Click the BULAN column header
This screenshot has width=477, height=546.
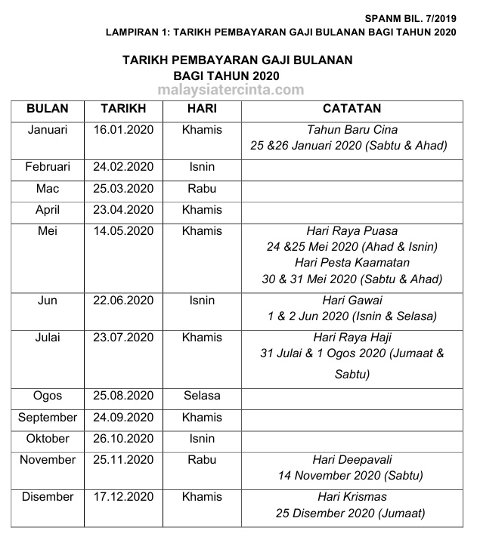pos(47,108)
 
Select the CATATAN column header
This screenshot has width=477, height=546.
pos(352,108)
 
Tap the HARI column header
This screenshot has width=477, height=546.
pos(202,108)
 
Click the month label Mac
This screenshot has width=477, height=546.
pos(47,188)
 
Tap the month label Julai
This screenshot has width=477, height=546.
pos(47,337)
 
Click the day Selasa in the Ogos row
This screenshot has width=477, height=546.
pos(202,396)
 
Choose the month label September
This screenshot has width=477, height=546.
pos(48,417)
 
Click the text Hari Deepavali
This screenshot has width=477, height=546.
pos(352,460)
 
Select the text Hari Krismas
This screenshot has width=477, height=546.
pos(352,497)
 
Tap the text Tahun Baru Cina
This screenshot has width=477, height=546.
pos(352,130)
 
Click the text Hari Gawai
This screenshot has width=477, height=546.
pos(352,300)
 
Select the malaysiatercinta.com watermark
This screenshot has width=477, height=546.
pos(231,90)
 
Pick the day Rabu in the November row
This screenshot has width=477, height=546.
pos(202,459)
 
